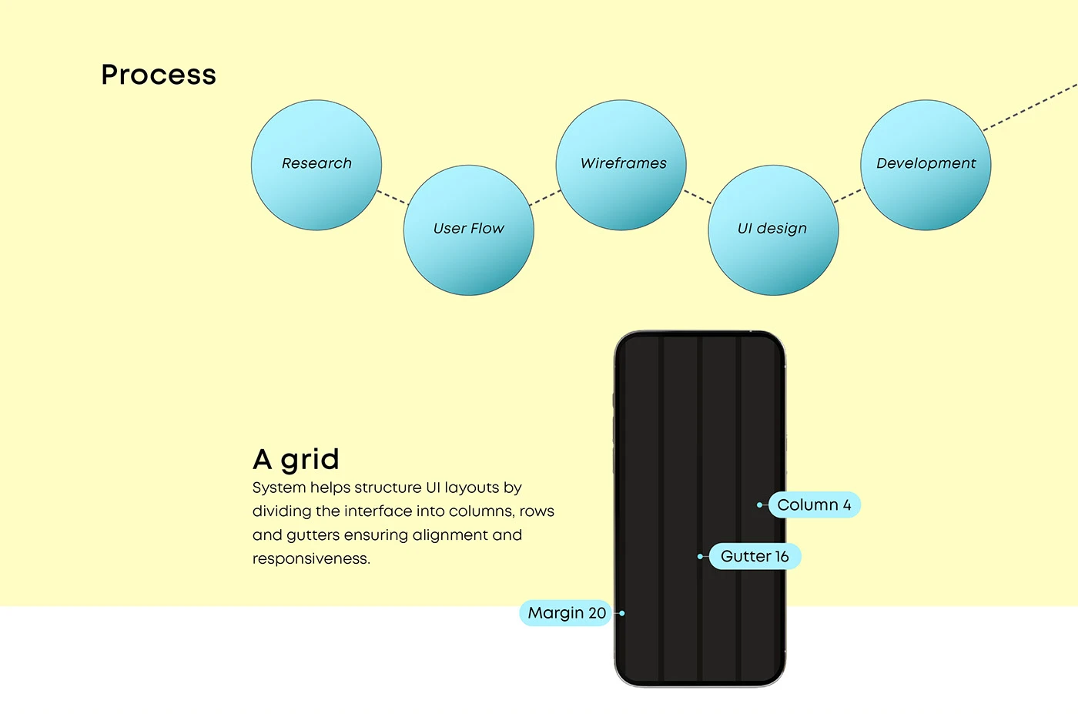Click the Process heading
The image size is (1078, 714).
click(x=159, y=75)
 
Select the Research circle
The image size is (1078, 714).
click(x=316, y=165)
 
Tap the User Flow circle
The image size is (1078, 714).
click(x=469, y=230)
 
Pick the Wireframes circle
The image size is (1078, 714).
click(x=621, y=165)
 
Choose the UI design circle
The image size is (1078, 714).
click(x=773, y=230)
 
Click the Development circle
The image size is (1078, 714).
click(x=926, y=165)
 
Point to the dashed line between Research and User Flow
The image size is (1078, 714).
click(x=393, y=197)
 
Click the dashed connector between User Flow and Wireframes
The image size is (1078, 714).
click(x=545, y=198)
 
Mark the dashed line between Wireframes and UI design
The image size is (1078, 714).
click(x=698, y=197)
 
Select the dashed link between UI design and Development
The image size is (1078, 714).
click(x=849, y=196)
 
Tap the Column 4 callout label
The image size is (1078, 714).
click(x=815, y=505)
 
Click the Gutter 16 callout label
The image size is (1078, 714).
click(x=755, y=557)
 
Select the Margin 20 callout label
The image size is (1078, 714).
click(x=566, y=613)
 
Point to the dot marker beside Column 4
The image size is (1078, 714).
click(x=759, y=505)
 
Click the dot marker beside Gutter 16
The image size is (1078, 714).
click(x=700, y=557)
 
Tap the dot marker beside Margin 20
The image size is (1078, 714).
click(x=622, y=613)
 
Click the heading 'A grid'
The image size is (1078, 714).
click(x=296, y=460)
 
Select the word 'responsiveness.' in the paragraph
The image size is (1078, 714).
click(x=311, y=559)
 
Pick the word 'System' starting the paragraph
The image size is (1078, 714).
click(x=279, y=488)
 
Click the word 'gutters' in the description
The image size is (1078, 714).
click(x=313, y=535)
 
